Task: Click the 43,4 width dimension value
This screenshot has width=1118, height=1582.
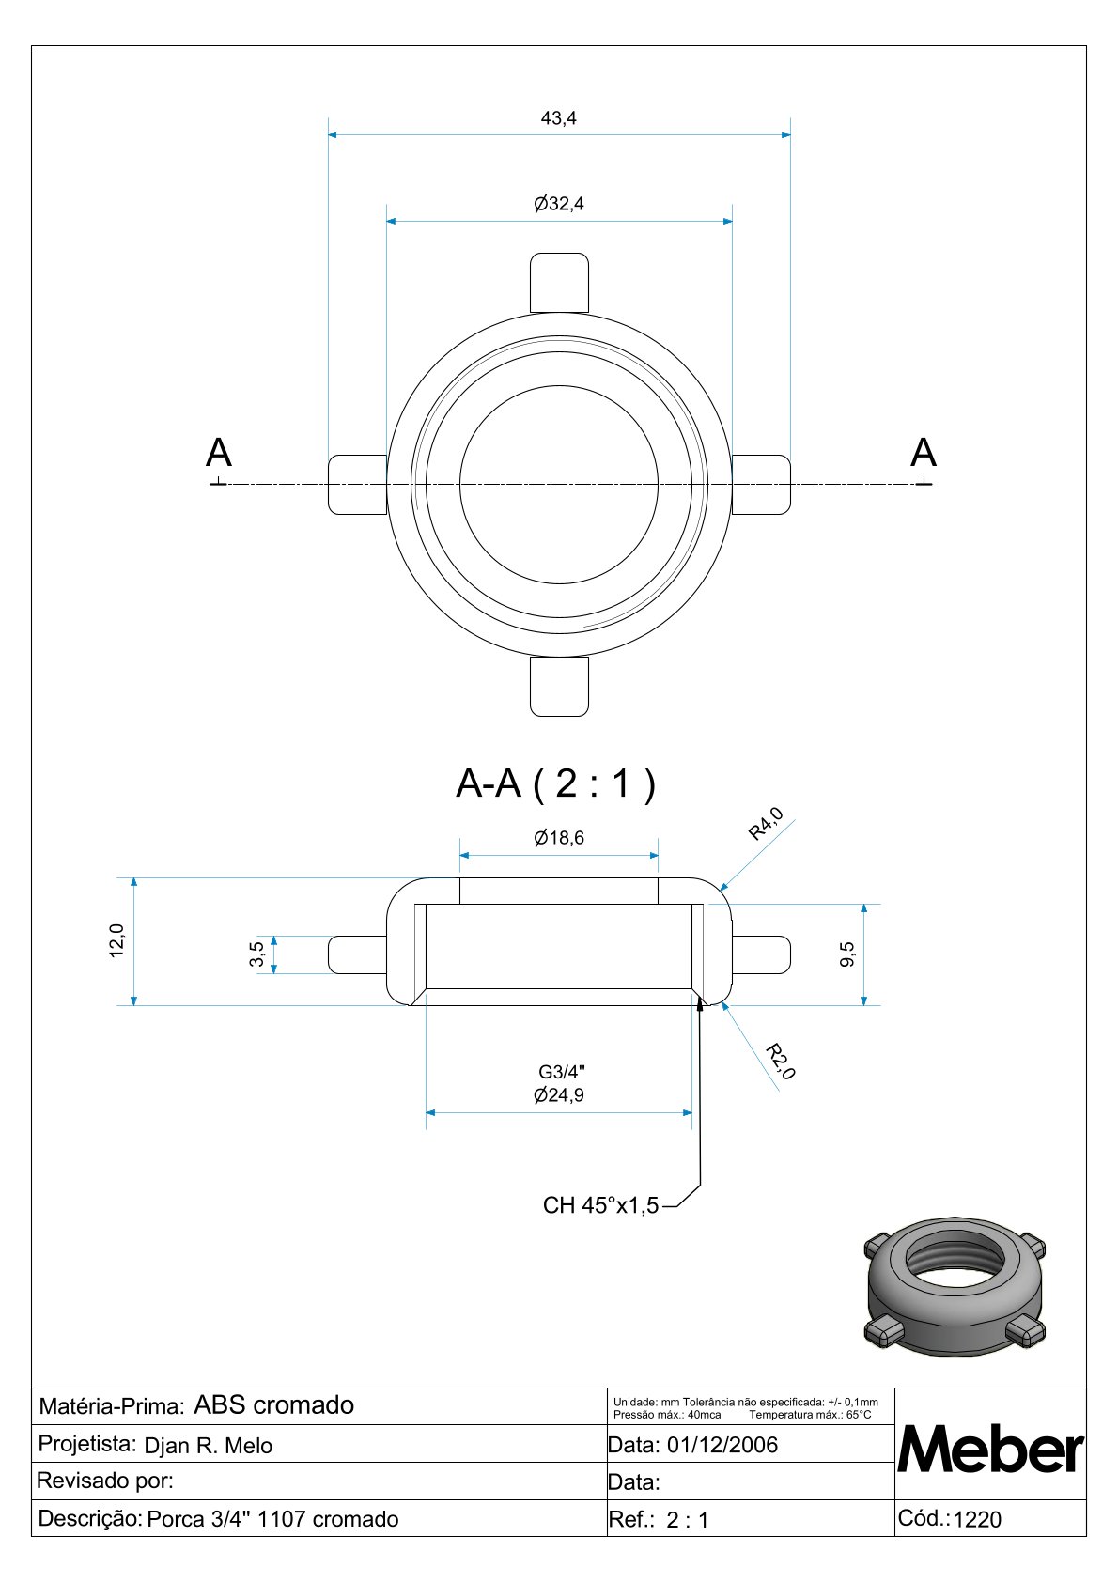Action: [559, 118]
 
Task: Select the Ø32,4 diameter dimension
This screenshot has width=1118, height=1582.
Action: [559, 204]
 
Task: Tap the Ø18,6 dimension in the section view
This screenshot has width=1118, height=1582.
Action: [559, 838]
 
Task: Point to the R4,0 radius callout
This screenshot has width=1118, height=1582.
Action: [767, 824]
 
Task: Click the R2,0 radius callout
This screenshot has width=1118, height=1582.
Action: [781, 1062]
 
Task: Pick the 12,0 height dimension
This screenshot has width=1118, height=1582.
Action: [116, 940]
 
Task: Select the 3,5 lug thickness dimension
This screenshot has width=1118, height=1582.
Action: [257, 954]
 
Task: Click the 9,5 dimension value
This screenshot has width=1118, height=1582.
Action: [847, 954]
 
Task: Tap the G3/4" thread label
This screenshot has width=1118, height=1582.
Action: [562, 1072]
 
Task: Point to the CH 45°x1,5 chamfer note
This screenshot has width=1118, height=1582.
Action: [600, 1205]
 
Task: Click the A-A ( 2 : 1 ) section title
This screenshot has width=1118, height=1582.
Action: [556, 783]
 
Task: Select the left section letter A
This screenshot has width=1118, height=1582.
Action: [218, 452]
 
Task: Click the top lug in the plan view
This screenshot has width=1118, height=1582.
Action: [559, 283]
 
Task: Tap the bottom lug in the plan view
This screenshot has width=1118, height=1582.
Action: [559, 687]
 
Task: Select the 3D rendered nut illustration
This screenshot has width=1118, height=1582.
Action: [955, 1287]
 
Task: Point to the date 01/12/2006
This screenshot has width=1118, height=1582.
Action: [722, 1445]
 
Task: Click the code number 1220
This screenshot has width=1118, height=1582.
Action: [977, 1519]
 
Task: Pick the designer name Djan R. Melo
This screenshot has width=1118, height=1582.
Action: [209, 1446]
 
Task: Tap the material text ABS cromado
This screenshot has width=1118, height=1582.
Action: [274, 1405]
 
